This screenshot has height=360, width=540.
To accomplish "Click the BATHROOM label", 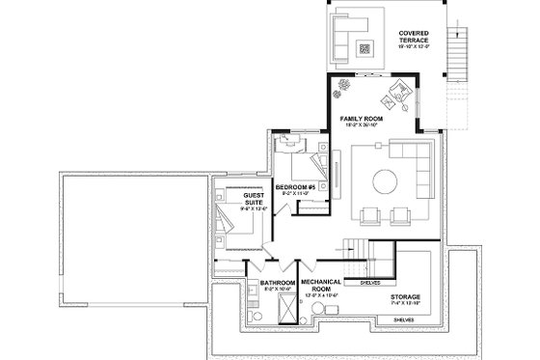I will (x=278, y=284).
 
